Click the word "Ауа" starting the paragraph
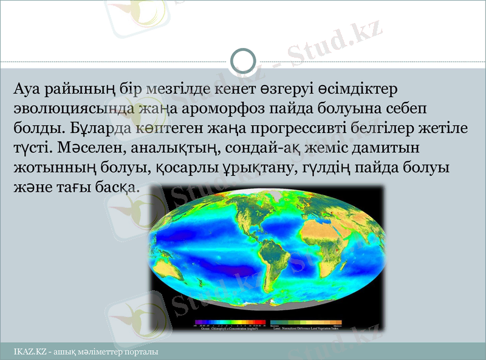pyautogui.click(x=29, y=89)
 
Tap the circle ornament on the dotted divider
pyautogui.click(x=243, y=61)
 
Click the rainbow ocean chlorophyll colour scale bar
pyautogui.click(x=231, y=322)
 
